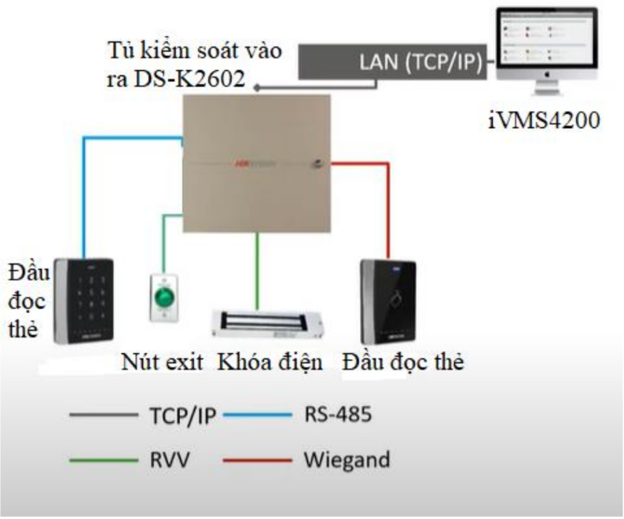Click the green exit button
pyautogui.click(x=164, y=298)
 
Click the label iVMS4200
pyautogui.click(x=544, y=123)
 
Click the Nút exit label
pyautogui.click(x=163, y=363)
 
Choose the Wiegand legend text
pyautogui.click(x=347, y=458)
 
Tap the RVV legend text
pyautogui.click(x=166, y=458)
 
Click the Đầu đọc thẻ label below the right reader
pyautogui.click(x=404, y=363)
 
